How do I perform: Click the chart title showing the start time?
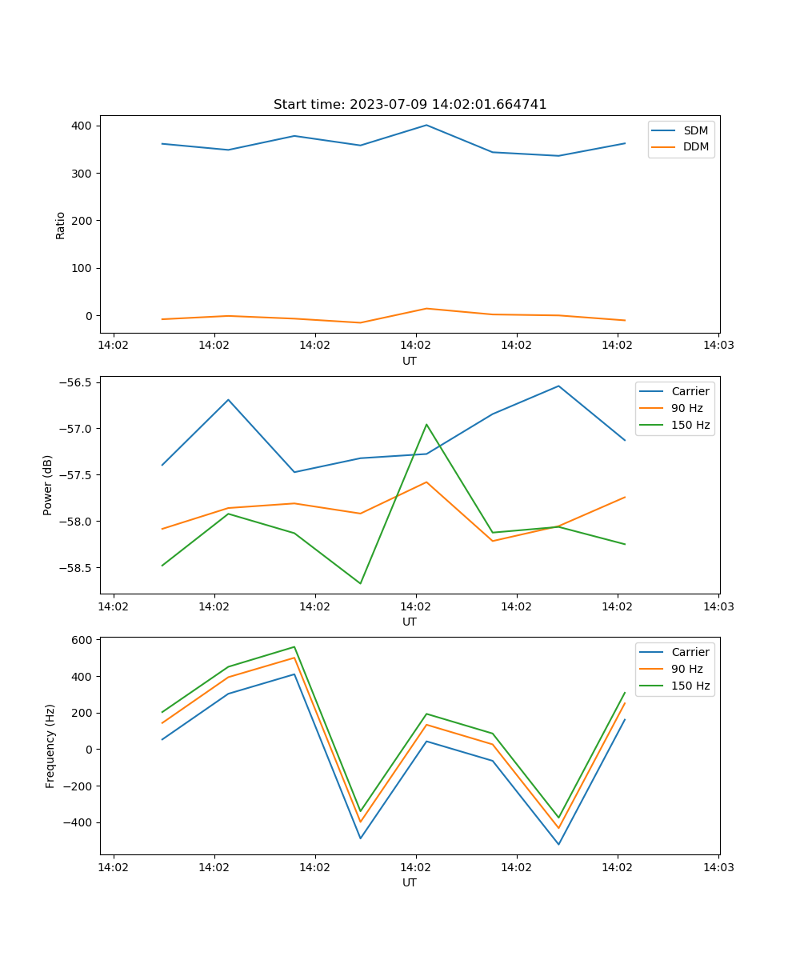(x=410, y=105)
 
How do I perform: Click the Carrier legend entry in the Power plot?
(x=690, y=391)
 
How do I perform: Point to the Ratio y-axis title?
(x=60, y=225)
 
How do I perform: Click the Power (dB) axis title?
(x=48, y=485)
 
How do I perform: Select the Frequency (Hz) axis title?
(x=50, y=746)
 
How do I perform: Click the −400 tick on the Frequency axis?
(x=78, y=822)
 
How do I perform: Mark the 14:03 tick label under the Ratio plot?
(x=718, y=346)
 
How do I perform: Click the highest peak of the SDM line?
(x=426, y=125)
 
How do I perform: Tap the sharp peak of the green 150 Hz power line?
(x=426, y=424)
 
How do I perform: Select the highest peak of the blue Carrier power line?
(x=558, y=386)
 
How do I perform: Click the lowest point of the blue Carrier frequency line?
(x=558, y=844)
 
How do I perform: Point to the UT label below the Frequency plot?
(x=410, y=882)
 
